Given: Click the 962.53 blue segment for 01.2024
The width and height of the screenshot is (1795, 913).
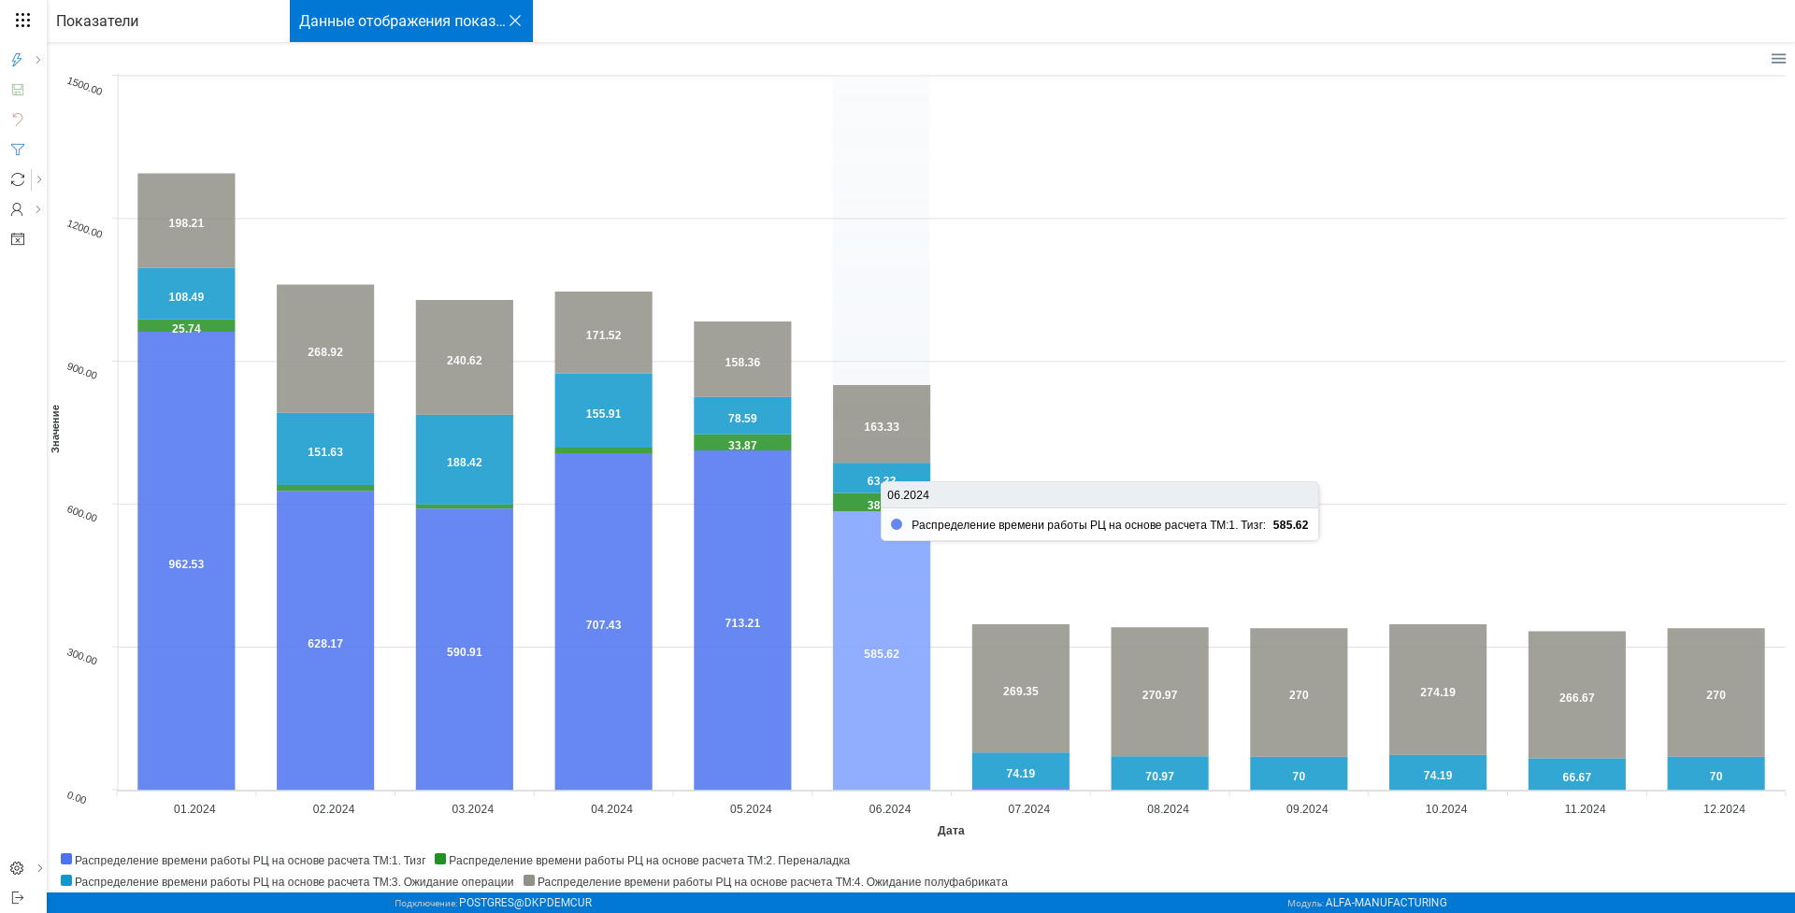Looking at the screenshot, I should pos(186,563).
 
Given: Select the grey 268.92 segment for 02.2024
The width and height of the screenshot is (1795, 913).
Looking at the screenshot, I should pos(325,351).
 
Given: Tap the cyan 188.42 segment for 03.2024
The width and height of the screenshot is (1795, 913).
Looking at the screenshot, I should pos(465,462).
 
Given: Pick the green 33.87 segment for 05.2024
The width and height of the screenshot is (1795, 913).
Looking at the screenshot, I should pos(742,443).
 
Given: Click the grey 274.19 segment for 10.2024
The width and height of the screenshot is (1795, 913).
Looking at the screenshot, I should pos(1438,692).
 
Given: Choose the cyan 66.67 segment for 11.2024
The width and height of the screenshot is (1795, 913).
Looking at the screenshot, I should pos(1577,776).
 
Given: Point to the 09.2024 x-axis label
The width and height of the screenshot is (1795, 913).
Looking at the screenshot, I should pos(1307,809).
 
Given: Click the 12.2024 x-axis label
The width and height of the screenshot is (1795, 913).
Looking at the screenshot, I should pos(1724,809).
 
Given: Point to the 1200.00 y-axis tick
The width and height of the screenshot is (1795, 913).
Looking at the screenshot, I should pos(84,228).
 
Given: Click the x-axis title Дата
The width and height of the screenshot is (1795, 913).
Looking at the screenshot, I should pos(951,831).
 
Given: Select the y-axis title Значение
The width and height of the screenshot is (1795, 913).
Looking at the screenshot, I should pos(55,429).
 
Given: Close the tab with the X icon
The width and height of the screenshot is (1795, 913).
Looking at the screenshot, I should pos(515,21).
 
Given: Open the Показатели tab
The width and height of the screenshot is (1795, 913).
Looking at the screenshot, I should pos(97,21).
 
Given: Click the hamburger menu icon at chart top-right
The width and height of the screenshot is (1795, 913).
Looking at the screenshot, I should pos(1778,59).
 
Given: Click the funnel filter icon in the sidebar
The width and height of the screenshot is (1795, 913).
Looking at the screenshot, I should pos(17,150).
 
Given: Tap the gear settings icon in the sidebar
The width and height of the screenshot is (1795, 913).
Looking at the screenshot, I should pos(17,868).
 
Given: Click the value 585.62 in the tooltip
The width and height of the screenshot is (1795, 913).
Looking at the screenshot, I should pos(1290,525).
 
